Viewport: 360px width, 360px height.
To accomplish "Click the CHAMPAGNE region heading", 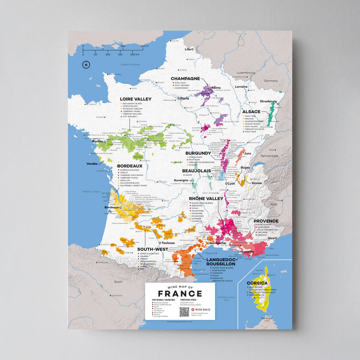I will [185, 79].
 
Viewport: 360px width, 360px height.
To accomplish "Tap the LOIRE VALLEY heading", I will [136, 99].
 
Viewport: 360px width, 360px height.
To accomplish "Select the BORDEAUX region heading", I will [130, 166].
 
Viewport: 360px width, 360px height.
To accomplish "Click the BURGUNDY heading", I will [198, 153].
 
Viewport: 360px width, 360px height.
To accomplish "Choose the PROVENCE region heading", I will [266, 221].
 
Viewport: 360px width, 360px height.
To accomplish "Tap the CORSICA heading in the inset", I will [257, 283].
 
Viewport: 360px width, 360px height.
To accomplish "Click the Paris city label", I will [185, 98].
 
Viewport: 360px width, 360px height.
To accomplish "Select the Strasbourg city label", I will [268, 101].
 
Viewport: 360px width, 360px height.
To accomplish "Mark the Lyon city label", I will [231, 183].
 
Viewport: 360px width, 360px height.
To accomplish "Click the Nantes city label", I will [98, 141].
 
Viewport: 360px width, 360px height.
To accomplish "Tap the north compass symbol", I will [86, 65].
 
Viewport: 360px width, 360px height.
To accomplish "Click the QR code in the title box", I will [184, 312].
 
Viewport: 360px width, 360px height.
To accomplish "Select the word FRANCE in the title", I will [180, 294].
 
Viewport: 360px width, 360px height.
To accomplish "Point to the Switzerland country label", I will [269, 156].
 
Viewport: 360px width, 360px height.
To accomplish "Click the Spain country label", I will [118, 282].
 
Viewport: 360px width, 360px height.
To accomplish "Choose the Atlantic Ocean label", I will [91, 192].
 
